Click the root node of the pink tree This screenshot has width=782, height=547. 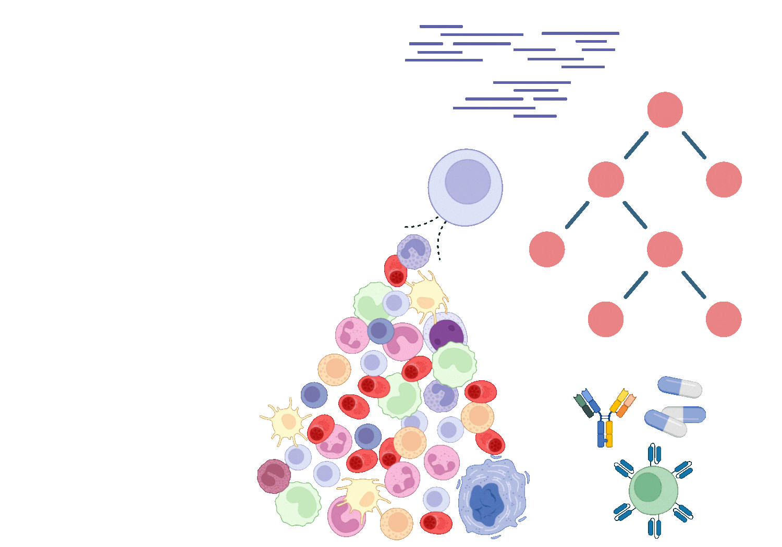665,110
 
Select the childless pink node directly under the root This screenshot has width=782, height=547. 724,180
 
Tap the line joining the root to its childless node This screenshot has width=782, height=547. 694,145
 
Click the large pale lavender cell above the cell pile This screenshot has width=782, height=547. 465,188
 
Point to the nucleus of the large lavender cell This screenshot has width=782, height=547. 468,181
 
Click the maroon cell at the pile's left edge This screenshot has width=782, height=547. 274,476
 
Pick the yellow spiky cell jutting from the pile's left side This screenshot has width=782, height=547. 286,422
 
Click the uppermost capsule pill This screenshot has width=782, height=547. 680,387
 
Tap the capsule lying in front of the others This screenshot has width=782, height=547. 666,424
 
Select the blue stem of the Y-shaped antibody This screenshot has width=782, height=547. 601,434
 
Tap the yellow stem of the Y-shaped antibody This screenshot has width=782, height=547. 609,434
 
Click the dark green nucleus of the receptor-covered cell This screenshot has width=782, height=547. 648,487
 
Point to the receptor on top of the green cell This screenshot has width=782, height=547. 654,454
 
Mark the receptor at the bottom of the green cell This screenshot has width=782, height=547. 654,527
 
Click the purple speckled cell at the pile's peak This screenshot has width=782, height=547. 414,252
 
